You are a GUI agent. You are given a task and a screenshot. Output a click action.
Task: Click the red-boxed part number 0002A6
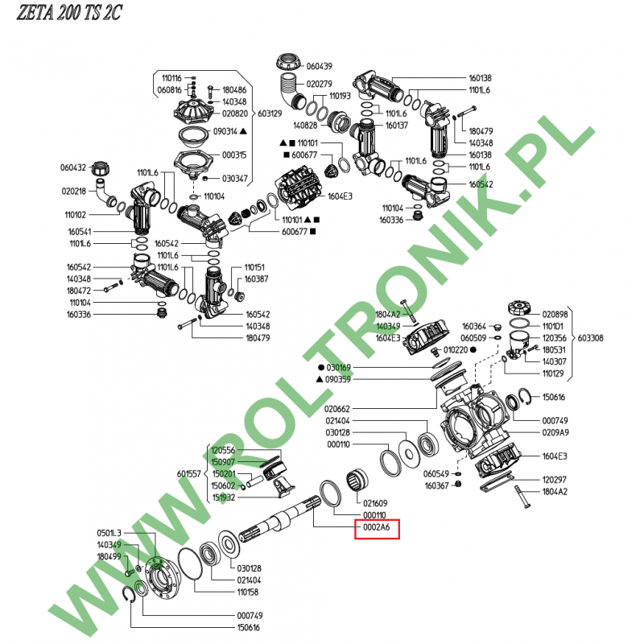pos(376,529)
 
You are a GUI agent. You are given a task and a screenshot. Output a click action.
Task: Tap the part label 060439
pos(319,66)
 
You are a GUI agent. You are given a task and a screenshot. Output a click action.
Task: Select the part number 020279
pos(319,84)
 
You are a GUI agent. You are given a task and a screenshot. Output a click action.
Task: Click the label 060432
pos(72,167)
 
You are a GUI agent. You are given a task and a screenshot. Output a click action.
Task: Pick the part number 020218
pos(72,191)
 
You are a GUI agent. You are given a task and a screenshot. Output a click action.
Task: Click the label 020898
pos(555,314)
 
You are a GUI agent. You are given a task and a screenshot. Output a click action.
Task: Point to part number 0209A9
pos(555,432)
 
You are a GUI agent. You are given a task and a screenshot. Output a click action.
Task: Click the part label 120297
pos(555,480)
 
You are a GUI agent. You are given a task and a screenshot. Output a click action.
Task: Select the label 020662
pos(338,408)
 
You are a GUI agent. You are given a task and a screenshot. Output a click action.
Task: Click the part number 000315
pos(233,155)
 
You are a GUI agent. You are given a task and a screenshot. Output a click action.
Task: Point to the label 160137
pos(397,126)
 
